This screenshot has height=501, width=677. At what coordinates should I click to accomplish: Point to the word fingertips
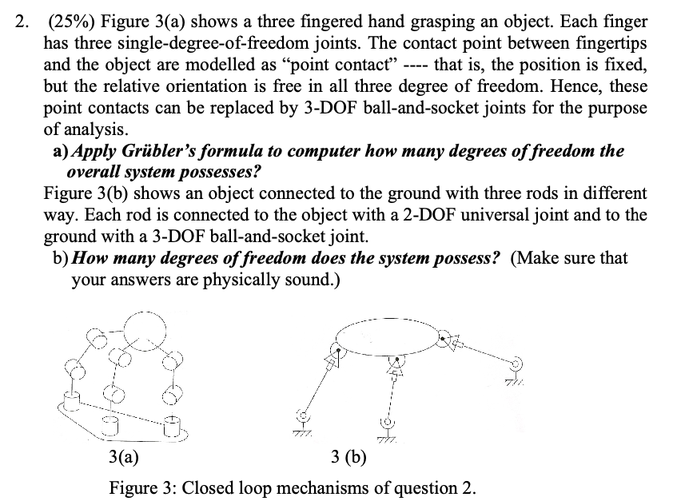pyautogui.click(x=609, y=43)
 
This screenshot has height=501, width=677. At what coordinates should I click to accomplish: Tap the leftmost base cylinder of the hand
pyautogui.click(x=70, y=396)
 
